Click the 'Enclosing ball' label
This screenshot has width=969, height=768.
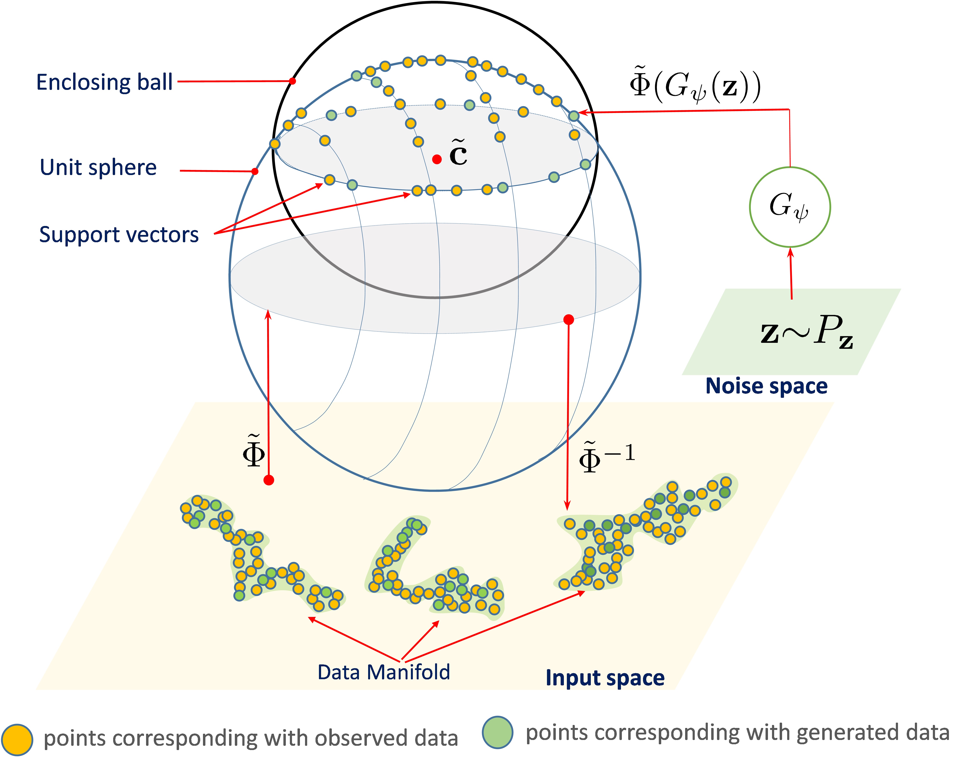104,82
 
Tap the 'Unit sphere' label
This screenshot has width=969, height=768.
98,167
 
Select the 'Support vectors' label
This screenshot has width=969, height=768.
119,235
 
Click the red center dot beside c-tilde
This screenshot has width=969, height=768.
436,159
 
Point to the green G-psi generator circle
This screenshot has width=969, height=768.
790,207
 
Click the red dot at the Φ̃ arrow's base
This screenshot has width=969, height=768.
269,480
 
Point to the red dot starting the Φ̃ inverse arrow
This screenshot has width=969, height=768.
569,320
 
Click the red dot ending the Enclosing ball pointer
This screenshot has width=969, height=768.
293,81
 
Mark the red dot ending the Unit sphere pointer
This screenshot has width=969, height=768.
255,171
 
